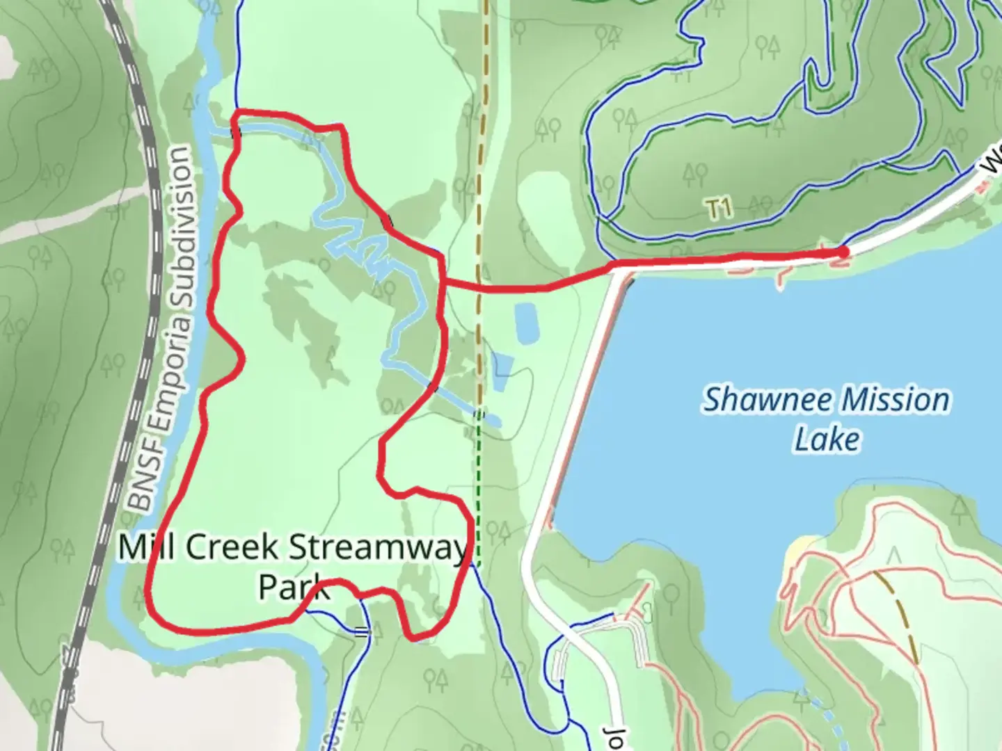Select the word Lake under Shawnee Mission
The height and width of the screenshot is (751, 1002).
(x=827, y=439)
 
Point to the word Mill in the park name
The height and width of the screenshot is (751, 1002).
(x=147, y=547)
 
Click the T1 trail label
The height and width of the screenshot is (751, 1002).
(x=719, y=208)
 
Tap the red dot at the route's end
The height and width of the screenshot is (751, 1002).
(x=843, y=252)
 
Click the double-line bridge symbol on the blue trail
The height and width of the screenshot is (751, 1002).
(x=361, y=632)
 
